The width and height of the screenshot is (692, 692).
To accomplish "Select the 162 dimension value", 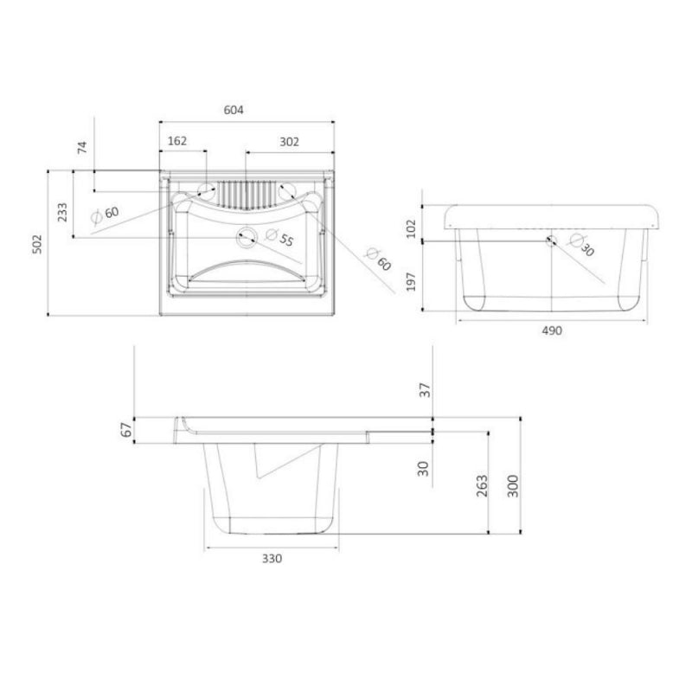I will pos(176,140).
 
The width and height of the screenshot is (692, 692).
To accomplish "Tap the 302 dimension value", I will pos(289,140).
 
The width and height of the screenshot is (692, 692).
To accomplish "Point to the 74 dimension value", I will pos(82,146).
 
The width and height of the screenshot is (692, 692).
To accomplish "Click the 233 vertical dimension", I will pos(62,212).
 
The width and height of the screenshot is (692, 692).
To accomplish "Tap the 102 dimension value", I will pos(412,227).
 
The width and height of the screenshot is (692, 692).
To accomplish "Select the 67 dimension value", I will pos(126,429).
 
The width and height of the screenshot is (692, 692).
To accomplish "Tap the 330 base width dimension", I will pos(272,558).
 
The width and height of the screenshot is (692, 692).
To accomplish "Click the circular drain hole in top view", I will pos(246,235).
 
